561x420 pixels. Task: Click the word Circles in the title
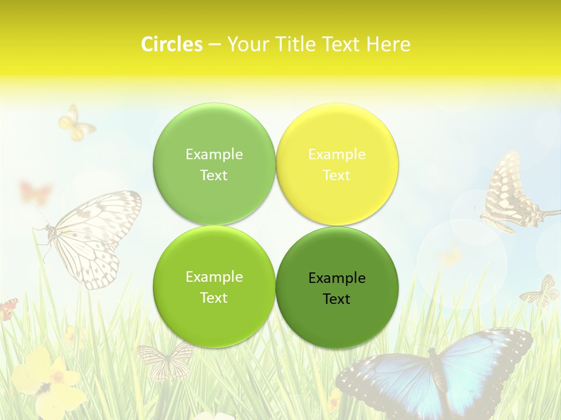[171, 44]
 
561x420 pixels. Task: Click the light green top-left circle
[214, 164]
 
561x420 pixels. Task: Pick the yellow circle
[337, 164]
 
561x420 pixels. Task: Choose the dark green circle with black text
[337, 288]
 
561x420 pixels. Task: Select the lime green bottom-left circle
[214, 286]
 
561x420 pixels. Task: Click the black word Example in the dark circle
[337, 278]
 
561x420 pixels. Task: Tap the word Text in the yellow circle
[337, 175]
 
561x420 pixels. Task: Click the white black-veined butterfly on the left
[93, 236]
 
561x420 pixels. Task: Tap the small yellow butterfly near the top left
[75, 124]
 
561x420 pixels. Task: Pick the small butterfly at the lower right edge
[541, 292]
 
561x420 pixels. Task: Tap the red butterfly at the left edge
[8, 309]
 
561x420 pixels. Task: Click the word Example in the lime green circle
[214, 276]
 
